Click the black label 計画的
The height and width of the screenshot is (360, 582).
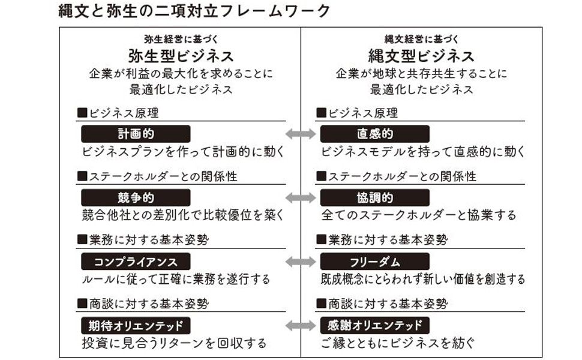tap(136, 134)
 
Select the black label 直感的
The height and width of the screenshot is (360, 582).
tap(375, 134)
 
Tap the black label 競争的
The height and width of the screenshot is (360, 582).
tap(136, 198)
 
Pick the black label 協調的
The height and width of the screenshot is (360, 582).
tap(375, 198)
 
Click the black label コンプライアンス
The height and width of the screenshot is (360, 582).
tap(136, 262)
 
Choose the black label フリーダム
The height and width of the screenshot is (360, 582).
tap(375, 262)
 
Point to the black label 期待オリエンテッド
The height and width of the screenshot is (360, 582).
tap(136, 326)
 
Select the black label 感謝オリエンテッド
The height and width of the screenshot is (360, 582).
tap(375, 326)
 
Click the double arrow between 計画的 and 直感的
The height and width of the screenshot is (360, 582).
tap(300, 134)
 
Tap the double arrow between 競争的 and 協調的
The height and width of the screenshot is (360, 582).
tap(300, 198)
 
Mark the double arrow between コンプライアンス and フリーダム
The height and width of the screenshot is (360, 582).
tap(300, 262)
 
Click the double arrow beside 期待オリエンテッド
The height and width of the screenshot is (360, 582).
tap(300, 326)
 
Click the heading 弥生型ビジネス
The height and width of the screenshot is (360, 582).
tap(181, 56)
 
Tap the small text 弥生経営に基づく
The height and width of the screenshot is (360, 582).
tap(181, 39)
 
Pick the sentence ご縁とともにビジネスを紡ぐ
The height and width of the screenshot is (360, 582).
tap(398, 344)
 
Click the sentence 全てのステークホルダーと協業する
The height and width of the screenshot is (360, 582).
tap(418, 215)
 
